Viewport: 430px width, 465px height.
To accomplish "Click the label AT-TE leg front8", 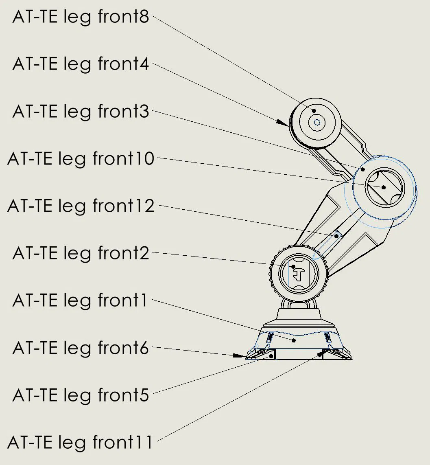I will [x=81, y=17].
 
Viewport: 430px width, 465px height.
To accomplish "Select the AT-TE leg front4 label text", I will [x=81, y=64].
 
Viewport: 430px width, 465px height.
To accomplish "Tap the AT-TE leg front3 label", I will [x=81, y=111].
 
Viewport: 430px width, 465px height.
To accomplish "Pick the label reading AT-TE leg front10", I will [x=81, y=158].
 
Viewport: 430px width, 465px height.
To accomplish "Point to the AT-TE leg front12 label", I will [x=81, y=206].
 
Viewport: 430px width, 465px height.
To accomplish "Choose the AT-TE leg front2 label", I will [x=81, y=253].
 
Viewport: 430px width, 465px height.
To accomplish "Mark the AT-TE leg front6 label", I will [x=81, y=348].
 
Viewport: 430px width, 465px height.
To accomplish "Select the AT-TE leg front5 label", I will [x=81, y=395].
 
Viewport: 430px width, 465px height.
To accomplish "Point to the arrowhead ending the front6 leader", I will [x=240, y=355].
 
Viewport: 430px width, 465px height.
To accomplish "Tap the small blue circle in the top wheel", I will [x=318, y=122].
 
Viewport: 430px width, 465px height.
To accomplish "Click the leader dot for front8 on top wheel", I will [x=314, y=110].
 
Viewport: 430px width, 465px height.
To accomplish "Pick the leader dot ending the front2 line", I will [x=292, y=267].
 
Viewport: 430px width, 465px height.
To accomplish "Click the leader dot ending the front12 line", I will [x=336, y=236].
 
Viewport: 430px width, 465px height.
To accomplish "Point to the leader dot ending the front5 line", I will [x=271, y=356].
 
